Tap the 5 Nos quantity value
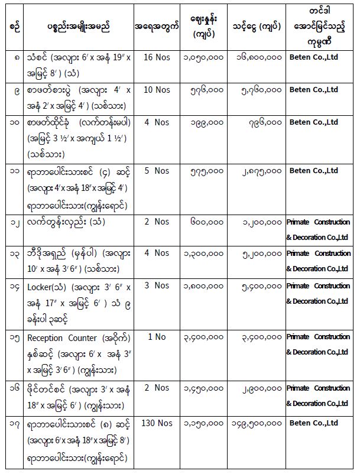(154, 171)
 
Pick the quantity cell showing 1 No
(154, 336)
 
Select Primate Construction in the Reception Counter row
(318, 337)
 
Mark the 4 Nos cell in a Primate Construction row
(154, 253)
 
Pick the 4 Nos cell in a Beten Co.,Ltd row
(154, 122)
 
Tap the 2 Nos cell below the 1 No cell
(154, 388)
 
